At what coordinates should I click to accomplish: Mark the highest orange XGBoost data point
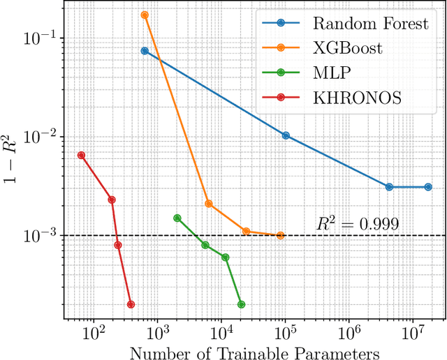pyautogui.click(x=145, y=15)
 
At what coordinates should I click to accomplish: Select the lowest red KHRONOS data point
pyautogui.click(x=131, y=304)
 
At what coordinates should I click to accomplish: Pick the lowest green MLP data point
pyautogui.click(x=241, y=304)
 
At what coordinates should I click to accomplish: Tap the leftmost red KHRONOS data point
pyautogui.click(x=81, y=155)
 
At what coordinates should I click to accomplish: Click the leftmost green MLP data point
pyautogui.click(x=177, y=218)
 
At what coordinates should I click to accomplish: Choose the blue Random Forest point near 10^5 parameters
pyautogui.click(x=286, y=135)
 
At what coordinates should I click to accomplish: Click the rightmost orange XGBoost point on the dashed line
pyautogui.click(x=280, y=236)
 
